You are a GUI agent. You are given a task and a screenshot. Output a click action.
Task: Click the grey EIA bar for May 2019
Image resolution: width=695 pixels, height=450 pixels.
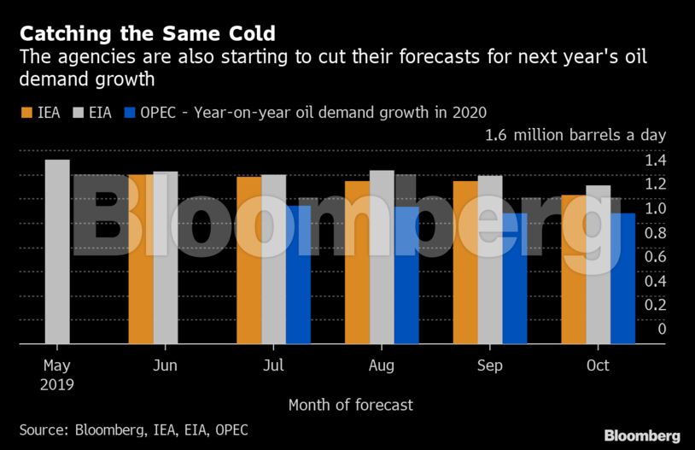tap(57, 251)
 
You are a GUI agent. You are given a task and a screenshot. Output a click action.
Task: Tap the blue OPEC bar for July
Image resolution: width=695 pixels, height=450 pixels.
tap(298, 274)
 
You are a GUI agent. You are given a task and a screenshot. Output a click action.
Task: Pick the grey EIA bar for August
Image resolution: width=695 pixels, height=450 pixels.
tap(382, 257)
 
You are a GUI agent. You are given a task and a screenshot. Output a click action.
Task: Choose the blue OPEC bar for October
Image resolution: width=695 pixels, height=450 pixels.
tap(623, 278)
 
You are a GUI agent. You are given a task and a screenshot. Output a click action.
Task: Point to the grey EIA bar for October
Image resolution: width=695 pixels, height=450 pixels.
tap(599, 265)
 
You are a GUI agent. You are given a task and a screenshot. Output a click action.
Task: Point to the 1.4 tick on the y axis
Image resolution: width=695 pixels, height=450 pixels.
tap(655, 161)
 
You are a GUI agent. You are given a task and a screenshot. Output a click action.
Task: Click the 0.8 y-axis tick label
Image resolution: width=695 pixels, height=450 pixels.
tap(655, 232)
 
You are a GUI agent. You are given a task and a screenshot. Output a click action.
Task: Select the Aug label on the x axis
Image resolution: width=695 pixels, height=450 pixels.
tap(382, 365)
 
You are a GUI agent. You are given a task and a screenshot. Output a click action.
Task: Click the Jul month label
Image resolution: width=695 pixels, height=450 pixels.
tap(273, 365)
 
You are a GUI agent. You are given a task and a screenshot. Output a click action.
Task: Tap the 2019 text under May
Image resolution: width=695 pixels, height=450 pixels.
tap(57, 384)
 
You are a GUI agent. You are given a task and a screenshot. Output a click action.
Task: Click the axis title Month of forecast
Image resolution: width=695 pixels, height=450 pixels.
tap(350, 405)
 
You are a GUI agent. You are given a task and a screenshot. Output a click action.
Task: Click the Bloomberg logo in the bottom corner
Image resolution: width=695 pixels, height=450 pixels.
tap(642, 435)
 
